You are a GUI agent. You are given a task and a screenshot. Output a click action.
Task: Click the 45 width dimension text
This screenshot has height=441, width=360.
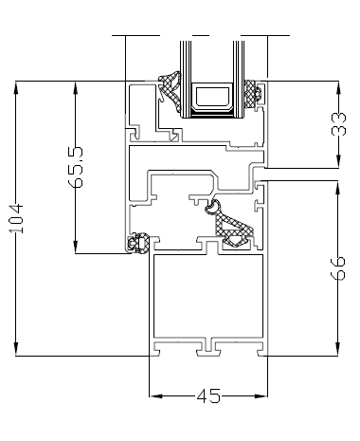coord(207,397)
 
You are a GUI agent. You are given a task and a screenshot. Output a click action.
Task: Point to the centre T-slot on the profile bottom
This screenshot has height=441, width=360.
coord(207,347)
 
